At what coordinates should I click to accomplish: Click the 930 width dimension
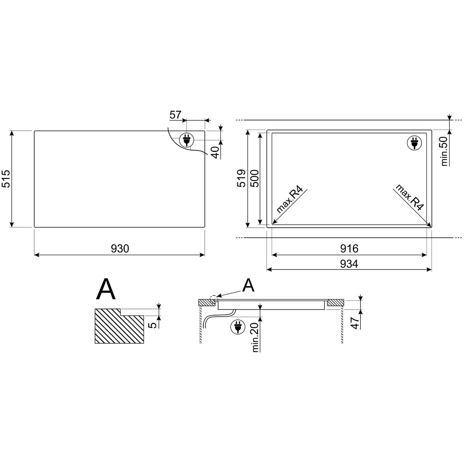[120, 248]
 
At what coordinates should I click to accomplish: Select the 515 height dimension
[6, 179]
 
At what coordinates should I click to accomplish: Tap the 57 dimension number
[175, 115]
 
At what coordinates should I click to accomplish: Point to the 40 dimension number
[216, 152]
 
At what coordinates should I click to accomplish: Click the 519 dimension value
[242, 178]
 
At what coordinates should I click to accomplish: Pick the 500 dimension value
[254, 178]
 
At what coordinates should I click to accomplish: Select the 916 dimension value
[349, 248]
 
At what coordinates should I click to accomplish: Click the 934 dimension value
[349, 264]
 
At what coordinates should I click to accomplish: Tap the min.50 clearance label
[445, 152]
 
